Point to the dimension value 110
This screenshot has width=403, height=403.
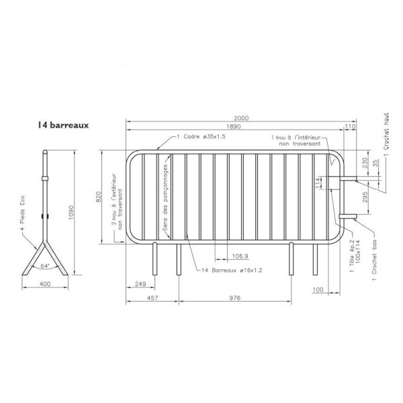tap(349, 126)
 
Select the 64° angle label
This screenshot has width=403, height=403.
tap(44, 267)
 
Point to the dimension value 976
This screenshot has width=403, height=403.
tap(235, 297)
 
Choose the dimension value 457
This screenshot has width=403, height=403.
tap(152, 297)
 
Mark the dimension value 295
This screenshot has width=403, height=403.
tap(365, 197)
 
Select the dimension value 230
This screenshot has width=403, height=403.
tap(365, 163)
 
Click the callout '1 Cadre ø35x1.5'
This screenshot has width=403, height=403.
tap(201, 136)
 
